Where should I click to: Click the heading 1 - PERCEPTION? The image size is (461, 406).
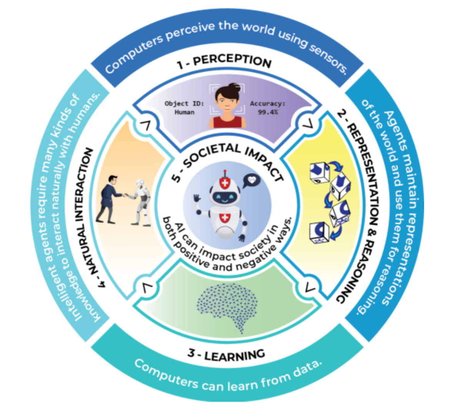(x=225, y=62)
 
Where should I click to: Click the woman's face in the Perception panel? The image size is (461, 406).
(x=226, y=99)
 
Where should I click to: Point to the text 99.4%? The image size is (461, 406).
(x=268, y=112)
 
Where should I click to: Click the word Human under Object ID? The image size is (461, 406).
(x=184, y=112)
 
